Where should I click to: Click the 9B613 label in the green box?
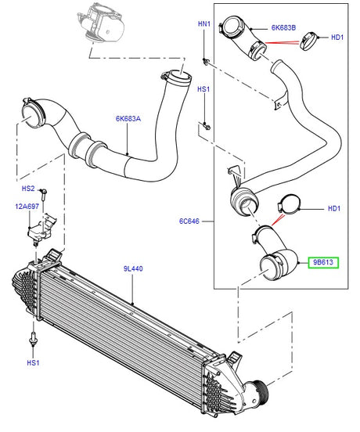(x=323, y=262)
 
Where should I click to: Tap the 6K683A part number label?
(x=128, y=119)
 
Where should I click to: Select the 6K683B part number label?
(x=283, y=27)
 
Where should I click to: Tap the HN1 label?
(x=204, y=24)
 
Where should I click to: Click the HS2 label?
(x=27, y=189)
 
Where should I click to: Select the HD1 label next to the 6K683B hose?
(x=337, y=37)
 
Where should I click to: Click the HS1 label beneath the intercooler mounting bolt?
(x=32, y=362)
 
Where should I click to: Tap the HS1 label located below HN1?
(x=203, y=89)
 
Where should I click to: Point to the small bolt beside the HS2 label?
(x=45, y=192)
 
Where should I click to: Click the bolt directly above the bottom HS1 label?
(x=33, y=338)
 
